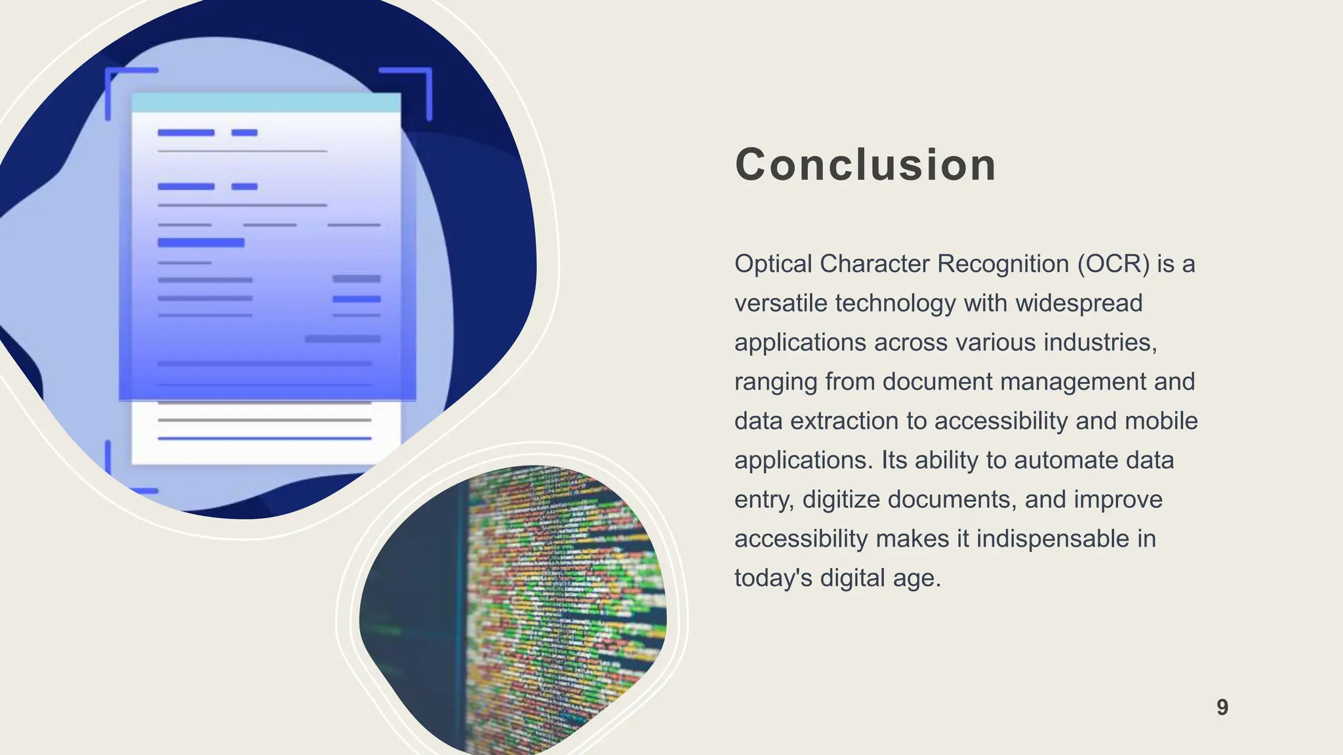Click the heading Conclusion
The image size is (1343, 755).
866,165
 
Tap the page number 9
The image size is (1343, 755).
1222,707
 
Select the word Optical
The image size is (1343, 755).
773,264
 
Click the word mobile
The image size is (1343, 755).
1161,421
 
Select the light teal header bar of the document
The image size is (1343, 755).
266,103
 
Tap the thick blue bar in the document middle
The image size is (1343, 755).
201,242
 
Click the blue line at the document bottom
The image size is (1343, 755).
264,438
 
